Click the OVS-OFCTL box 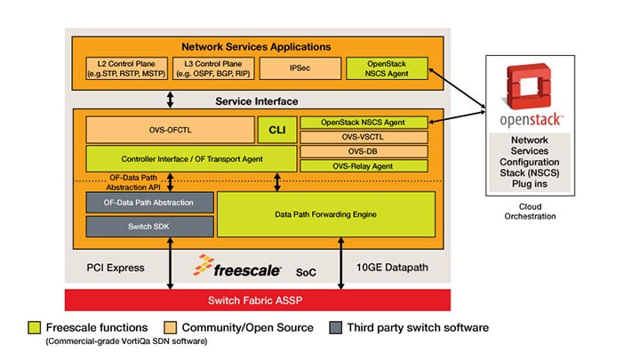(x=170, y=131)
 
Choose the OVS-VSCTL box (x=366, y=137)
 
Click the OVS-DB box (x=366, y=151)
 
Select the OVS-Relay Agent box (x=366, y=165)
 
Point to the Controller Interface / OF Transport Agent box (x=191, y=159)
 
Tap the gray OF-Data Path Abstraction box (x=149, y=202)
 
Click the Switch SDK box (x=149, y=228)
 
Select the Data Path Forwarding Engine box (x=326, y=214)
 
